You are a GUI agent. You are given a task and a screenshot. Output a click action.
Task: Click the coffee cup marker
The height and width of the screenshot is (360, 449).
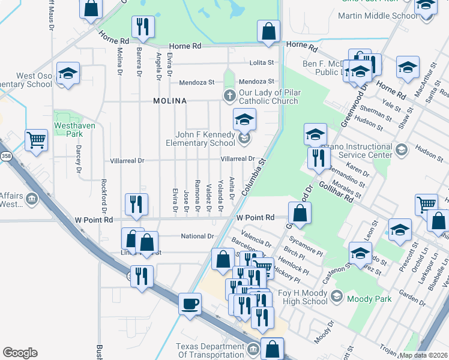(190, 304)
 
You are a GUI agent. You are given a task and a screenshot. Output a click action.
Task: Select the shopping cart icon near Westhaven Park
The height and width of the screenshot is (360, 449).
(37, 140)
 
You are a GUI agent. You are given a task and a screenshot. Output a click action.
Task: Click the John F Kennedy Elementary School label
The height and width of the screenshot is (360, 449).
(205, 139)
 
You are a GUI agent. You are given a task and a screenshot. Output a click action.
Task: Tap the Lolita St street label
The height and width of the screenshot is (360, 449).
(262, 62)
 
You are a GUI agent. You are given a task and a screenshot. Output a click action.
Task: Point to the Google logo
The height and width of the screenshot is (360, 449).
(20, 353)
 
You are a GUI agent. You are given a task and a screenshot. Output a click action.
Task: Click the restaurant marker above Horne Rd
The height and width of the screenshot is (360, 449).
(143, 26)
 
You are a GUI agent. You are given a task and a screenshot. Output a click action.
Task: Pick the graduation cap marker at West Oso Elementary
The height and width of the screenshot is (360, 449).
(68, 74)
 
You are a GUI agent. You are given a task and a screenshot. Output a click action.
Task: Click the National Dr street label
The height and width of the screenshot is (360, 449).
(197, 236)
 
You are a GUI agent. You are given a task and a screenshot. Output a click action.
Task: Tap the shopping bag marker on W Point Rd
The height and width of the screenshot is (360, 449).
(300, 213)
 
